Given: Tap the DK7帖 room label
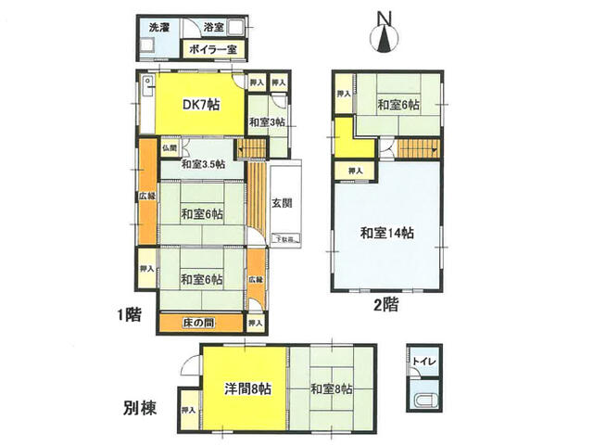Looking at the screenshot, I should tap(200, 104).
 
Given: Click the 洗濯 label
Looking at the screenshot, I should tap(160, 28).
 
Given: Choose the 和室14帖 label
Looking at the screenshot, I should tap(387, 234).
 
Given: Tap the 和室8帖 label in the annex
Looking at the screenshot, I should tap(331, 388).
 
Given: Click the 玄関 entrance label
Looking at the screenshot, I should tap(282, 203).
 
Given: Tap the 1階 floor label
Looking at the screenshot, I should tap(130, 314).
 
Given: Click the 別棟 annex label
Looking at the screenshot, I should tap(139, 406).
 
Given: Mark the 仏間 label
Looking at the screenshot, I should tap(169, 146).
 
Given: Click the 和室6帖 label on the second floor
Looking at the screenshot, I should tap(398, 105).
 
